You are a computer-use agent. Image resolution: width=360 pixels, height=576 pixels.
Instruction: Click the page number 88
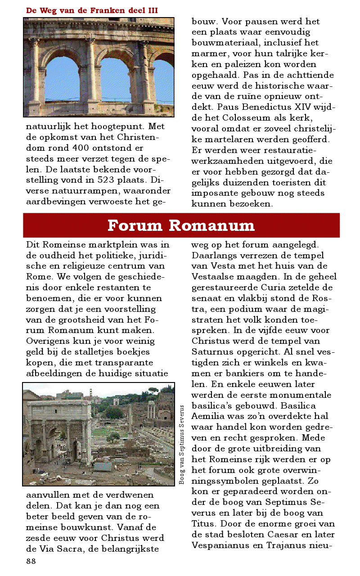tap(31, 561)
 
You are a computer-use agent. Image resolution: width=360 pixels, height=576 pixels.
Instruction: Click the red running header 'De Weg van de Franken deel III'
tap(92, 10)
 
